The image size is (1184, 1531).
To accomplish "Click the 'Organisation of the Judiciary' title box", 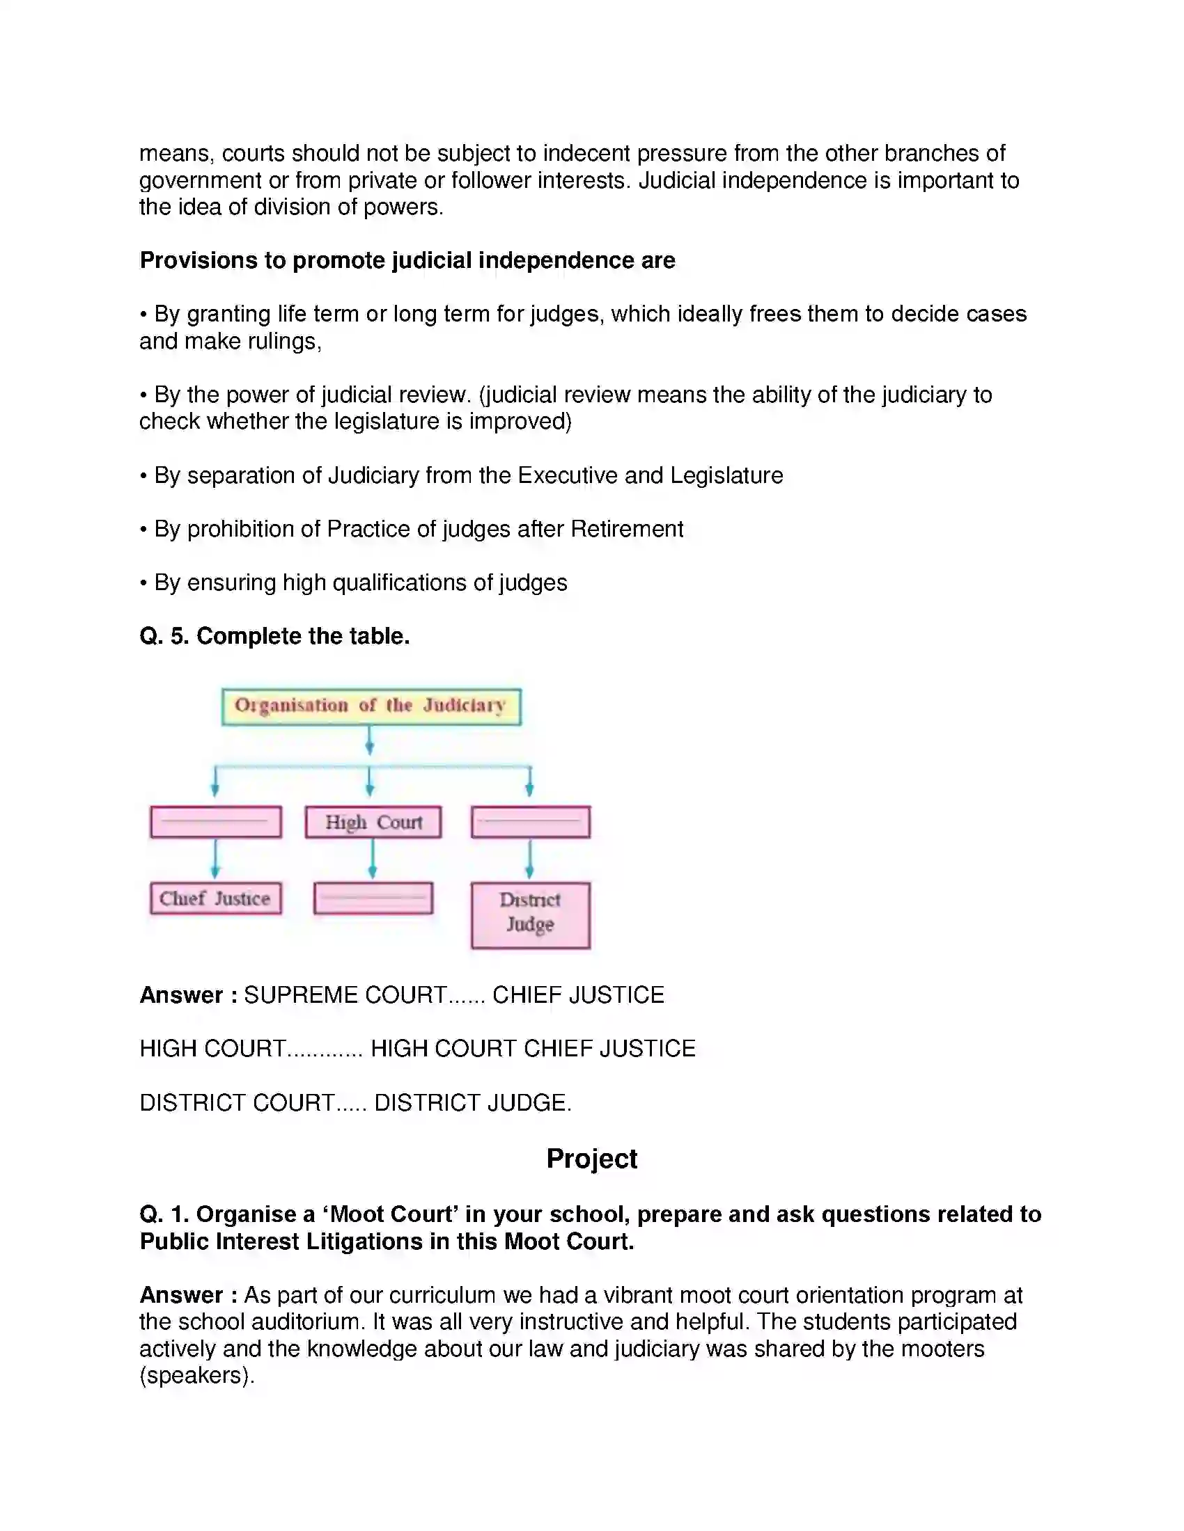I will pos(371,706).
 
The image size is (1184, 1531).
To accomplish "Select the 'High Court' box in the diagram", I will pos(373,823).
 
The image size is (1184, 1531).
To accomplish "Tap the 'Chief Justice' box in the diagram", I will pos(215,898).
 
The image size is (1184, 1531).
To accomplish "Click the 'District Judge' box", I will pos(530,915).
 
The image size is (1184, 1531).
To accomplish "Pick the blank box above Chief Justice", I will pos(216,822).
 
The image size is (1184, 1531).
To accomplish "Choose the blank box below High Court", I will pos(373,898).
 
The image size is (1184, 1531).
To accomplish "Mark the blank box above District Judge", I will pos(530,822).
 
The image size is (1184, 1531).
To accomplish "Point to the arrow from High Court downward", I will pos(373,859).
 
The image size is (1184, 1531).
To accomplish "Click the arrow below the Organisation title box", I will pos(370,740).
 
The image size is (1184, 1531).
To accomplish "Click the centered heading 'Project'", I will pos(591,1159).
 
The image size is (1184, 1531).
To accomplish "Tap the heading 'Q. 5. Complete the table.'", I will pos(274,636).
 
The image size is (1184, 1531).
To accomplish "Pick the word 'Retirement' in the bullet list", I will pos(626,529).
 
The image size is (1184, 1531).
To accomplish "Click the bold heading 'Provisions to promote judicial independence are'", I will pos(407,260).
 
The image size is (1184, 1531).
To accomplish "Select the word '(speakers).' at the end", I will pos(196,1375).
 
